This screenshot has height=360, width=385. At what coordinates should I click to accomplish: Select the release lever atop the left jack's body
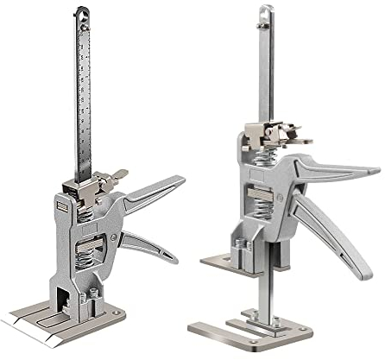point(98,180)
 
